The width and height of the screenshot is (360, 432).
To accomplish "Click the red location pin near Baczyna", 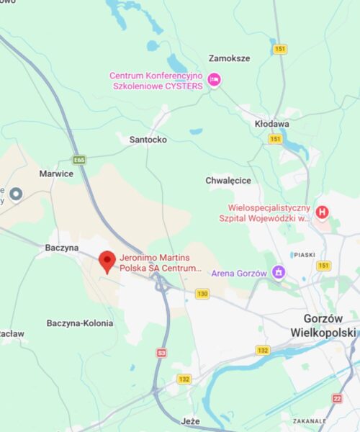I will click(107, 261).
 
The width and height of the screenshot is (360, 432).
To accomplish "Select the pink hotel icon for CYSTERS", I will click(214, 80).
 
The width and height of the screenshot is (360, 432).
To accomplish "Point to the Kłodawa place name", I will click(272, 124).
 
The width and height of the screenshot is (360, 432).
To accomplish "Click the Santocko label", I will click(148, 140).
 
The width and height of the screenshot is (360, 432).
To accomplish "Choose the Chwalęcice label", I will click(228, 180).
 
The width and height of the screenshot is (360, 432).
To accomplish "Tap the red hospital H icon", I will click(323, 212).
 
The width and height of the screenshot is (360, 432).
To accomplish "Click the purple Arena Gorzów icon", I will click(278, 272).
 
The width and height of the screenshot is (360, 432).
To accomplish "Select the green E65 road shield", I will click(79, 160).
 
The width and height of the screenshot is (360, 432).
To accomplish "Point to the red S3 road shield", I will click(162, 353).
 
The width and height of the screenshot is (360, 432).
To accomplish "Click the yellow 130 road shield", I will click(202, 294).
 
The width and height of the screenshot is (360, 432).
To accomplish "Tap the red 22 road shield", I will click(338, 398).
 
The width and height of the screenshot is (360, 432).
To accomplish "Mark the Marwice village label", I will click(56, 174).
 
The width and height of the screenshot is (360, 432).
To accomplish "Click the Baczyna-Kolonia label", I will click(79, 323).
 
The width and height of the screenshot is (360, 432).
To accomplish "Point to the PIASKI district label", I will click(305, 254).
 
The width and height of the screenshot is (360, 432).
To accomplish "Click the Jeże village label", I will click(191, 421).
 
